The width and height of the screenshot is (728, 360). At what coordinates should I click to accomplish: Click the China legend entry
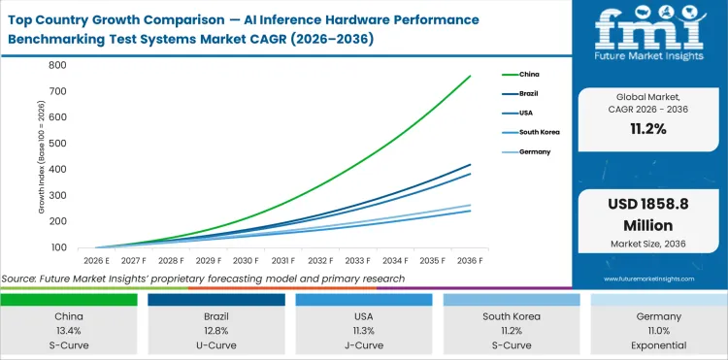click(x=530, y=74)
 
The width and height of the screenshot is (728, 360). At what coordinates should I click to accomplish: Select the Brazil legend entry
click(x=530, y=93)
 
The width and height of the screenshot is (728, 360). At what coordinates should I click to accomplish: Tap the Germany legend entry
click(x=534, y=150)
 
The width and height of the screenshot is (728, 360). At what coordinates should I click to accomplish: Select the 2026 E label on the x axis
click(x=95, y=260)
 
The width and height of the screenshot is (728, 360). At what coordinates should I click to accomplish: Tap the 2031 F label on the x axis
click(x=283, y=260)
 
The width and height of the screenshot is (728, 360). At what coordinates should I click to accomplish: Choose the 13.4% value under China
click(x=68, y=329)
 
